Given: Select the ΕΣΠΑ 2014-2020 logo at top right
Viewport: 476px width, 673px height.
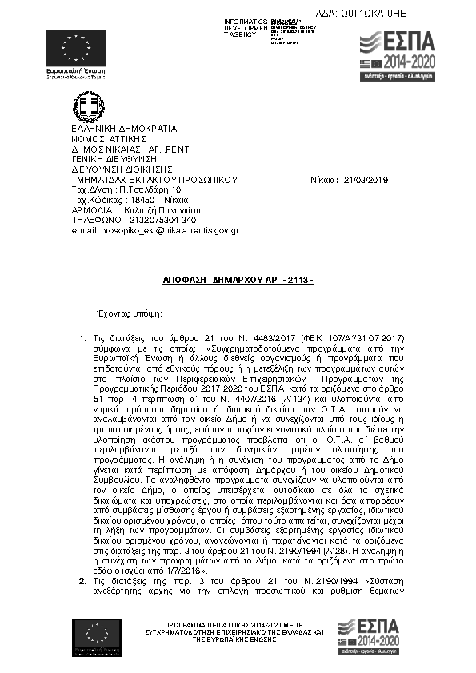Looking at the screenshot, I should click(397, 57).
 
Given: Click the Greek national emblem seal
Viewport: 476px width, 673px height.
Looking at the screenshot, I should click(89, 106).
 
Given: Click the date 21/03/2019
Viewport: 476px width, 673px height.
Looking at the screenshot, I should click(367, 180).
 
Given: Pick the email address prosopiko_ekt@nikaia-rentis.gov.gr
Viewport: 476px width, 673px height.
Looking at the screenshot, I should click(159, 230).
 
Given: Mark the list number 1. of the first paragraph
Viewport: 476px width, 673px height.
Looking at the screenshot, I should click(82, 339).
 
